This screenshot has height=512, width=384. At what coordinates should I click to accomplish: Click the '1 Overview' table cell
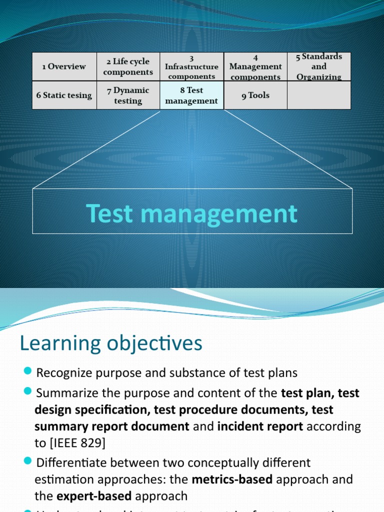(64, 66)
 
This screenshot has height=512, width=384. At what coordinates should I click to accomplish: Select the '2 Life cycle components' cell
(128, 66)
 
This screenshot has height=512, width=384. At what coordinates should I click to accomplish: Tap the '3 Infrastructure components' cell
(191, 66)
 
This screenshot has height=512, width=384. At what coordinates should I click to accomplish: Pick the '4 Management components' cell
(255, 66)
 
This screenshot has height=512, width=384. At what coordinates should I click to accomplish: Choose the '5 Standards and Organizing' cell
(319, 66)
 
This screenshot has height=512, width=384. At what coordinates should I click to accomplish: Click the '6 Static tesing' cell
(64, 95)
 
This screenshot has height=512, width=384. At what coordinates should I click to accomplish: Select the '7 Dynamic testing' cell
(128, 95)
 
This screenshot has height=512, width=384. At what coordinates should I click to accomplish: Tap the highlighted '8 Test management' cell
(191, 95)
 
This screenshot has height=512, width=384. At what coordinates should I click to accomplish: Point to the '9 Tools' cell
(255, 95)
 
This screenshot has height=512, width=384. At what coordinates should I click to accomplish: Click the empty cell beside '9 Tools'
(319, 95)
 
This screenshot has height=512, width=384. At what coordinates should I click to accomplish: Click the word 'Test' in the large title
(109, 213)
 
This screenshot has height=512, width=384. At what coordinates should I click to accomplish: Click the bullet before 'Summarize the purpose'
(27, 390)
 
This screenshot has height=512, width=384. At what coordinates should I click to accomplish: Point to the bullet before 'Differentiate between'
(27, 460)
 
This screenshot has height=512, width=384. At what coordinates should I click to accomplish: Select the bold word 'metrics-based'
(232, 479)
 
